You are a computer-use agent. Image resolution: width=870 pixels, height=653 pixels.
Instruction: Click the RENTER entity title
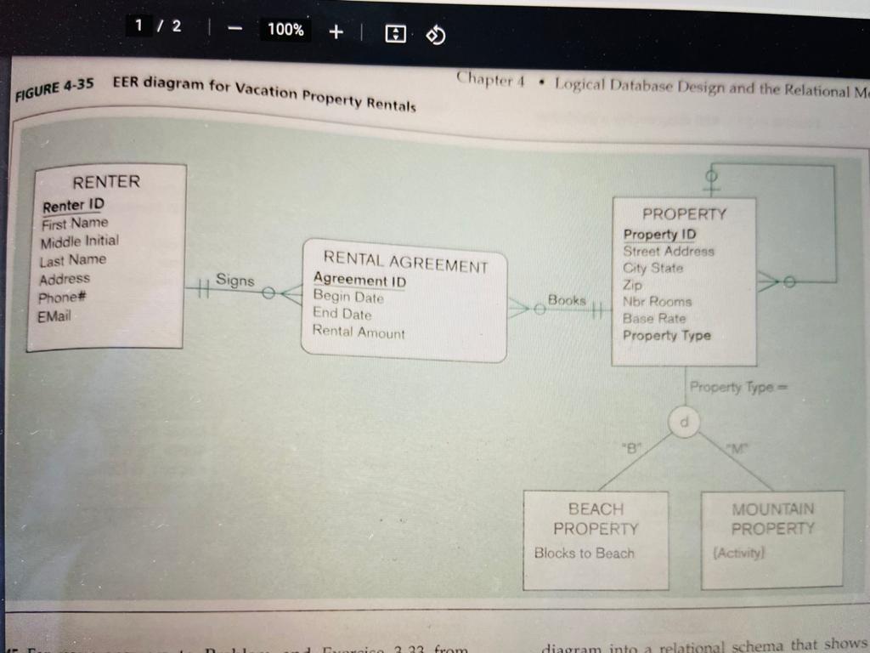pos(106,181)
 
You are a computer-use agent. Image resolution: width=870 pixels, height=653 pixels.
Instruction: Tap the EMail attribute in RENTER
pos(55,316)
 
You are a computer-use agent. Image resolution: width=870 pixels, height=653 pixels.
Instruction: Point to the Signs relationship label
pos(234,279)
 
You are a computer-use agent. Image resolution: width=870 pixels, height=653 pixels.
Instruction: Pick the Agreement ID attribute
pos(359,280)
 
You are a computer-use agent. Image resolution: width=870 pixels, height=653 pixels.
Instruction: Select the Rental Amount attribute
pos(359,332)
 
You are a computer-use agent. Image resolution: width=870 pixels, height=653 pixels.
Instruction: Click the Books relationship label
pos(567,300)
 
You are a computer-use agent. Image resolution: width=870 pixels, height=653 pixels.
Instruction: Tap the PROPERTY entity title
pos(684,214)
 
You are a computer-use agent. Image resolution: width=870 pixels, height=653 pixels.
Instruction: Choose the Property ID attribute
pos(659,234)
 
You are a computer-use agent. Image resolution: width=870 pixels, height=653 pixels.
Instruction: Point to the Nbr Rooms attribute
pos(657,301)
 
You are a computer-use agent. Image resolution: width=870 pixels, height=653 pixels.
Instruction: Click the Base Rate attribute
pos(654,318)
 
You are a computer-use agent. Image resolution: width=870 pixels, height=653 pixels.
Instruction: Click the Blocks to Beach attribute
pos(584,554)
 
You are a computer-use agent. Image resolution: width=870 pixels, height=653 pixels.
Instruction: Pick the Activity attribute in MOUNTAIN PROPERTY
pos(742,553)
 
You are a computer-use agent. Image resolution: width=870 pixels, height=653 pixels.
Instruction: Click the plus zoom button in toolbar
pos(336,31)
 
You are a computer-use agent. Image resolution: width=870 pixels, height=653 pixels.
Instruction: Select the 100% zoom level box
pos(285,30)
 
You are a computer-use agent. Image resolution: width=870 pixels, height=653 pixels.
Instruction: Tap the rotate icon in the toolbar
pos(435,34)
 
